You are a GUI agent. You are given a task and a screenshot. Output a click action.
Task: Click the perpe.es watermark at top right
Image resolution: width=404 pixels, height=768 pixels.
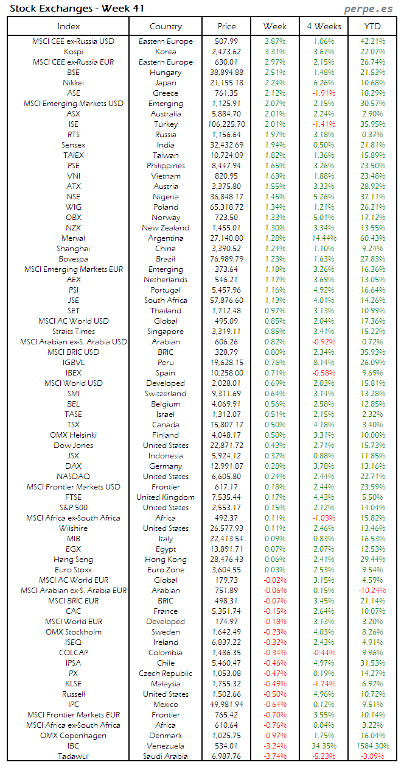coord(369,9)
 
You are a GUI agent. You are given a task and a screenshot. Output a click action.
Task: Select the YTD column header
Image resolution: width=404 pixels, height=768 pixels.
coord(372,26)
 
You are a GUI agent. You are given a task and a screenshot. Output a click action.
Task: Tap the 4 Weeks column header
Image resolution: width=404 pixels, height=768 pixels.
coord(324,26)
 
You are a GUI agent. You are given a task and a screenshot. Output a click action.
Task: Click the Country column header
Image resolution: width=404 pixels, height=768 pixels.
coord(165,26)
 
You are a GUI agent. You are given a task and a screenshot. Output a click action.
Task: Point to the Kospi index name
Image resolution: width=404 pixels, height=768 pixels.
coord(74,52)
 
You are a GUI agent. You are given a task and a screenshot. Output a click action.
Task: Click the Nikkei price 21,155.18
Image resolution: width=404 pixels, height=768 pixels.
coord(226,83)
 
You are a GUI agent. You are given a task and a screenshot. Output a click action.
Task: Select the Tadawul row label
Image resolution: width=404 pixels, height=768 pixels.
coord(74,756)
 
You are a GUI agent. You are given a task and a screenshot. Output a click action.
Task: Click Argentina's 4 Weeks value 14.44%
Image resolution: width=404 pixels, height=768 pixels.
coord(324,238)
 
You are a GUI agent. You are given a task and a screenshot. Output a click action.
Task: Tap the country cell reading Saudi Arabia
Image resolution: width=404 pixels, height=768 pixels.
coord(165,756)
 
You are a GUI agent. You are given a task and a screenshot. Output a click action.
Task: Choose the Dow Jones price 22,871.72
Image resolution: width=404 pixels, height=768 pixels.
coord(226,446)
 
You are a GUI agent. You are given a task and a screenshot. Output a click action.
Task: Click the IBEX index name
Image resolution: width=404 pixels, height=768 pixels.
coord(74,373)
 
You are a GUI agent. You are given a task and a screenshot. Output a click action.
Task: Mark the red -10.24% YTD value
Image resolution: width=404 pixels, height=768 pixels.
coord(372,591)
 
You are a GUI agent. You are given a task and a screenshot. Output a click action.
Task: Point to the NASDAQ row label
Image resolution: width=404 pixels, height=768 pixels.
coord(74,477)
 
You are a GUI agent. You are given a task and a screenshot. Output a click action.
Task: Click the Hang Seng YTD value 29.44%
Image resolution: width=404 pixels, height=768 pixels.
coord(372,560)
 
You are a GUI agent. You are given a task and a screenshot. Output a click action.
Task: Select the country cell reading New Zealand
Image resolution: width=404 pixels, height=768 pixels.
coord(165,228)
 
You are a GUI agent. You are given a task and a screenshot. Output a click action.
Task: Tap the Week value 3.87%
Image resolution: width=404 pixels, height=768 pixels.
coord(275,41)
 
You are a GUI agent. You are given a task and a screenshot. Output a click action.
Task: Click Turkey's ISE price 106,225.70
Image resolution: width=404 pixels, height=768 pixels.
coord(226,124)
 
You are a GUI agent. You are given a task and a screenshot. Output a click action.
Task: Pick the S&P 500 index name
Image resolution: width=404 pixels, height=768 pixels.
coord(74,508)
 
